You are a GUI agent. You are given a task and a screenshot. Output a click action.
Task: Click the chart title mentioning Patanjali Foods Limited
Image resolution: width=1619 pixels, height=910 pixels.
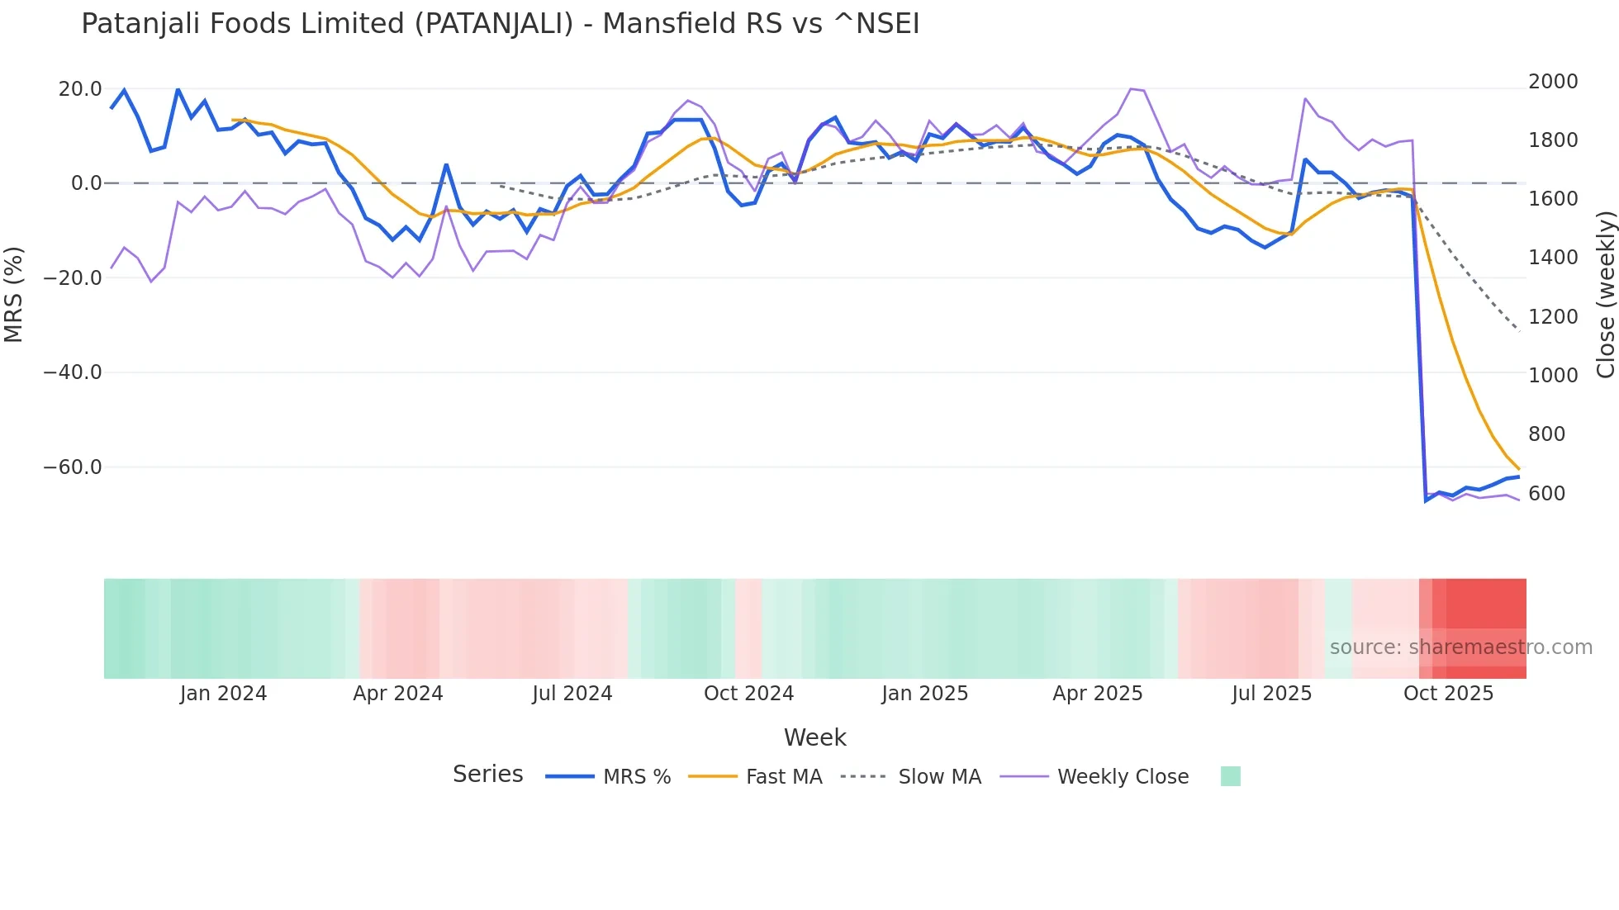click(x=500, y=24)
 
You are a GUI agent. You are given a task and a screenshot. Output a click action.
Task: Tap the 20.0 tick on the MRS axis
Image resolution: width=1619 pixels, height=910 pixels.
click(x=80, y=89)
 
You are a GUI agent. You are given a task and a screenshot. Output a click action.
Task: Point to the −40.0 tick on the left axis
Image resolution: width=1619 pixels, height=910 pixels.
click(x=73, y=372)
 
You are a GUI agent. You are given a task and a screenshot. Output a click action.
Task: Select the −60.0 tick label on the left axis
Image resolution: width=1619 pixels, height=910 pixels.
click(x=73, y=467)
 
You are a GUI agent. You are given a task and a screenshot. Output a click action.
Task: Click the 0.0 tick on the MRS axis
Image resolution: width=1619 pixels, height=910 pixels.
click(x=86, y=183)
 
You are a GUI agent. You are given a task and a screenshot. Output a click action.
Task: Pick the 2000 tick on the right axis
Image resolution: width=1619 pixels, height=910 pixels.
click(x=1553, y=82)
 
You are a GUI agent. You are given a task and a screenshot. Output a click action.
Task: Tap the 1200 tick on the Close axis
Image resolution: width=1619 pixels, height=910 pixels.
click(x=1553, y=317)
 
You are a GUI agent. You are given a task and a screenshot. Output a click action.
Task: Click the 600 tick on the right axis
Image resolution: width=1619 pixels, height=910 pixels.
click(x=1546, y=494)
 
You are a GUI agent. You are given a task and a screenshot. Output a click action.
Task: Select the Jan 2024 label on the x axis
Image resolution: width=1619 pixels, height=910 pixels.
click(x=223, y=694)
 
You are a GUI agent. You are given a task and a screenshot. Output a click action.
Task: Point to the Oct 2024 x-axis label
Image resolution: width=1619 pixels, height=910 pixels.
click(x=748, y=694)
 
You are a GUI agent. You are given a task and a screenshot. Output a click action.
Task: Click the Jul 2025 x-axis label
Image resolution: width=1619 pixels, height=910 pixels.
click(x=1271, y=694)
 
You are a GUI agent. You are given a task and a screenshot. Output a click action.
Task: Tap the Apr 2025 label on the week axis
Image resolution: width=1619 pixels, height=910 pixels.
click(x=1097, y=694)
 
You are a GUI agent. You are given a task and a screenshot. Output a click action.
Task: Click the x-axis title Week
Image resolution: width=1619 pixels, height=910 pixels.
click(x=814, y=737)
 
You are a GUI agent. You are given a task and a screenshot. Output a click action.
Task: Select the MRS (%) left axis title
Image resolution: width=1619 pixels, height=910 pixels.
click(x=14, y=294)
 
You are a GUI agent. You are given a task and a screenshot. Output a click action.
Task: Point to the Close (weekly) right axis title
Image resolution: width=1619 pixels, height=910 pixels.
click(x=1605, y=294)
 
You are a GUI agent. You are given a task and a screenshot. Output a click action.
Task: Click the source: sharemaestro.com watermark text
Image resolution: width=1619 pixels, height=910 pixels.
click(x=1460, y=647)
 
